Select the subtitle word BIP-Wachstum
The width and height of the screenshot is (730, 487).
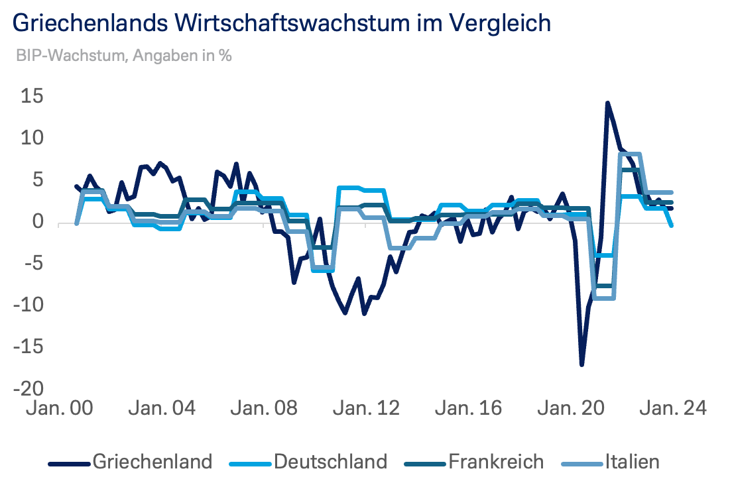69,56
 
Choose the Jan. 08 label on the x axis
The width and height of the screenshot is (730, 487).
263,407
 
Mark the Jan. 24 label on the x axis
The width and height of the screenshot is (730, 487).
672,407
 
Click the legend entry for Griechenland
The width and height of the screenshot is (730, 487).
153,461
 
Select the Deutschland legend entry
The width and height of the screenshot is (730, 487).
330,461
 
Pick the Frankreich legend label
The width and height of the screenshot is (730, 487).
496,461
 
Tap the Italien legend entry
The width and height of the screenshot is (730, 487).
632,461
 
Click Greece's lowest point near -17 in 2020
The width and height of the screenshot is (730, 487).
581,364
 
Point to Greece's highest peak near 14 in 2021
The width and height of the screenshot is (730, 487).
607,103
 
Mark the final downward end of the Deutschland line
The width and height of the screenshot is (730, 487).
672,226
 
